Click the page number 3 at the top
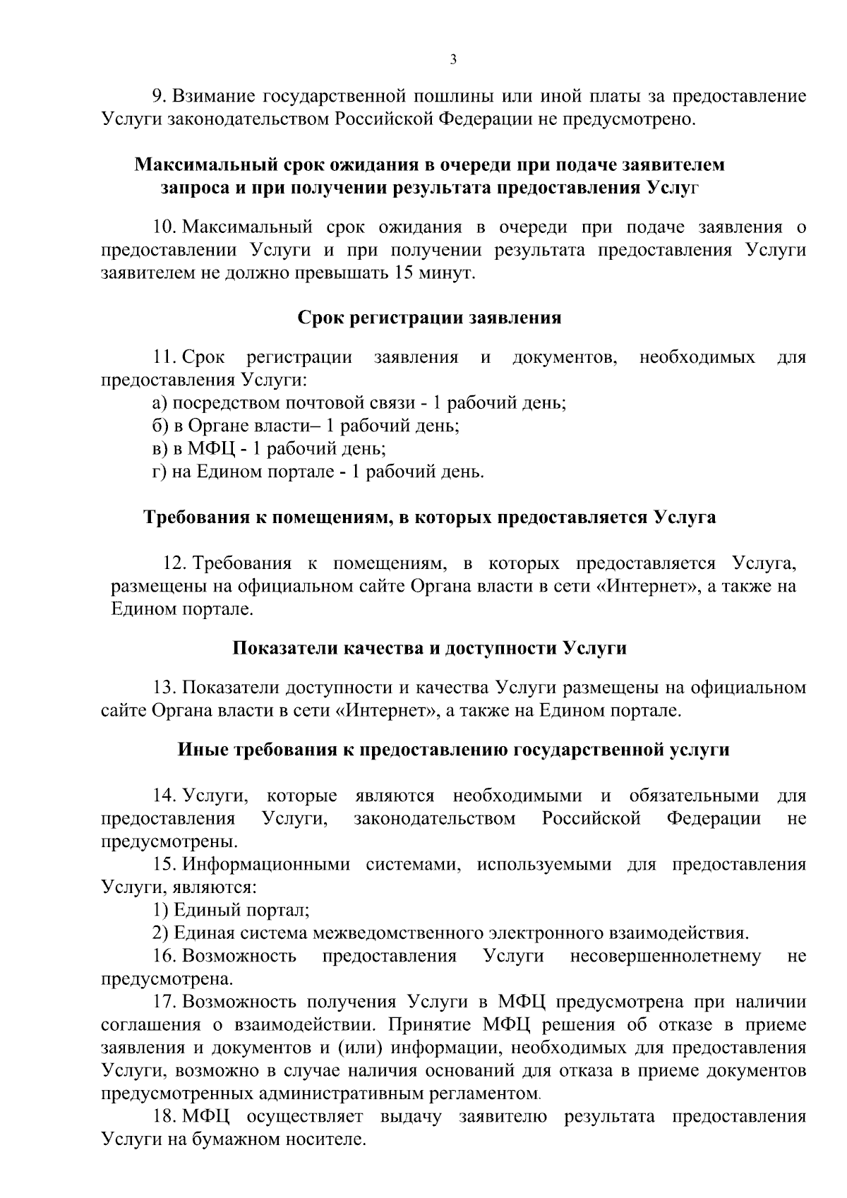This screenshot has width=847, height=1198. pos(453,59)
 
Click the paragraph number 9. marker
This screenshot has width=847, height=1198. pos(160,95)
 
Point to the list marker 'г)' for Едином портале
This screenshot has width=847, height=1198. pos(160,472)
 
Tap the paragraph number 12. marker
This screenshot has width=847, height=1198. pos(174,563)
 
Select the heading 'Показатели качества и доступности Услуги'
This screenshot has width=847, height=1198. pos(429,647)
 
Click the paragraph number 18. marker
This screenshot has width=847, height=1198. pos(165,1117)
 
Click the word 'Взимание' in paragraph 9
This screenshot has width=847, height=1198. pos(213,95)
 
